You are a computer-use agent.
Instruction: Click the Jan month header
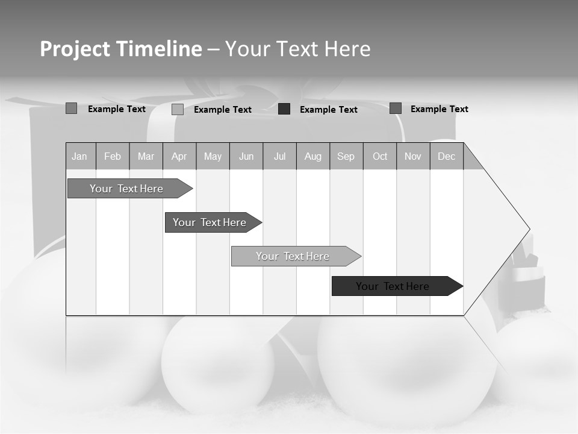pyautogui.click(x=80, y=156)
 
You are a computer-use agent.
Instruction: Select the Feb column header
pyautogui.click(x=113, y=156)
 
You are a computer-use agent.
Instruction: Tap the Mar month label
pyautogui.click(x=146, y=156)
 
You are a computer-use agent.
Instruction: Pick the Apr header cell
pyautogui.click(x=179, y=156)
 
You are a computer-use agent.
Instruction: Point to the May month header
pyautogui.click(x=213, y=156)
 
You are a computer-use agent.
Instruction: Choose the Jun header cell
pyautogui.click(x=246, y=156)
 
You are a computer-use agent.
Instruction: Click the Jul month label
pyautogui.click(x=279, y=156)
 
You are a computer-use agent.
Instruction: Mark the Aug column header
pyautogui.click(x=313, y=156)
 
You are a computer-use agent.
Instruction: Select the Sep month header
pyautogui.click(x=346, y=156)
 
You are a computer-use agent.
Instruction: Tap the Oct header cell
pyautogui.click(x=380, y=156)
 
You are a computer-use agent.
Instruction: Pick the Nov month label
pyautogui.click(x=413, y=156)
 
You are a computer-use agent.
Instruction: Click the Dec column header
pyautogui.click(x=447, y=156)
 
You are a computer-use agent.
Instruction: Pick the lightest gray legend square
pyautogui.click(x=178, y=109)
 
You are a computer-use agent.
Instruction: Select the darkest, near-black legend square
pyautogui.click(x=284, y=109)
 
